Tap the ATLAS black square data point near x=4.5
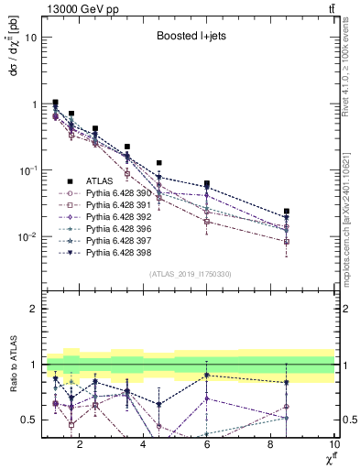point(159,163)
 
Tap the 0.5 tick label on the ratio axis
point(29,420)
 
